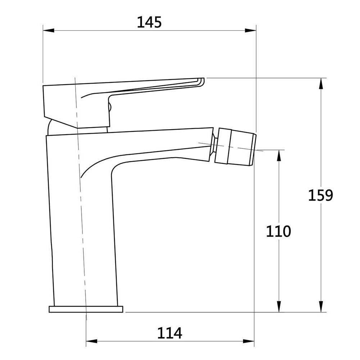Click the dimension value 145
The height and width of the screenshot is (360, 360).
pos(149,22)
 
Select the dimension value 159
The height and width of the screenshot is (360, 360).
pos(320,195)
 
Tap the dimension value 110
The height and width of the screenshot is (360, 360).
pos(278,231)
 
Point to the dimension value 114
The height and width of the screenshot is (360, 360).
pos(170,333)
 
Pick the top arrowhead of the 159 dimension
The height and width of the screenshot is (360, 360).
pos(320,83)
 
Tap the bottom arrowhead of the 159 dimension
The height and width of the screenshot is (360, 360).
pos(320,307)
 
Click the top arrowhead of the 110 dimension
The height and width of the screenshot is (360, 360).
pos(278,155)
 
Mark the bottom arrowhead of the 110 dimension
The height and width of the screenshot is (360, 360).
pos(278,307)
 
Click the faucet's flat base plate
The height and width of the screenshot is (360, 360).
pos(86,309)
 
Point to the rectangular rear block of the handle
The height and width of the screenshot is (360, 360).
pos(59,103)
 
